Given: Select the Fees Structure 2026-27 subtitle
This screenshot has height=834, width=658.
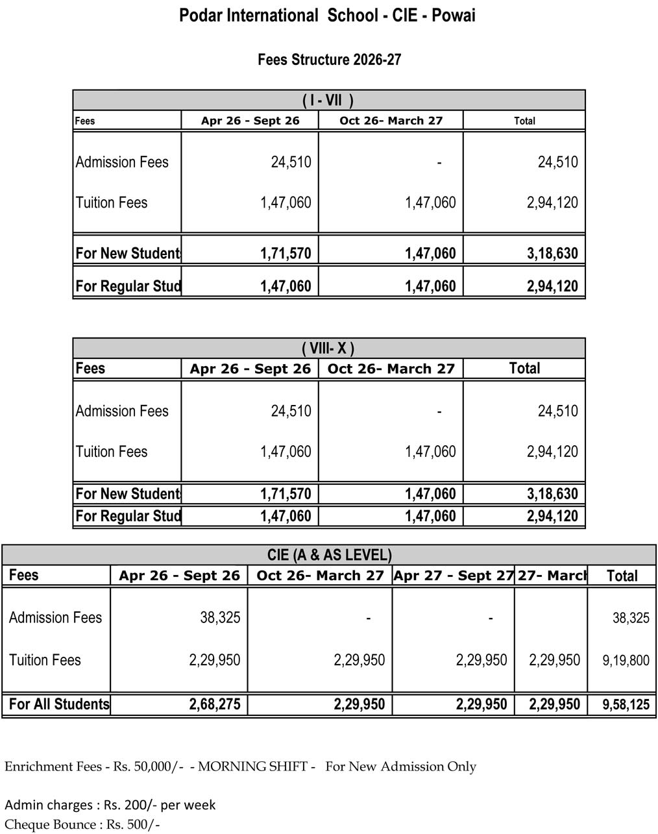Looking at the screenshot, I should [329, 60].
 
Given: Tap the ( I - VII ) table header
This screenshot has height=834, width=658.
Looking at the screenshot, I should [328, 101].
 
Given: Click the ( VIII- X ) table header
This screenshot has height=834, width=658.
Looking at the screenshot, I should [328, 349].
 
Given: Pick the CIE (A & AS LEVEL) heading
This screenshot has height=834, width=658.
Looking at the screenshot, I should [329, 556].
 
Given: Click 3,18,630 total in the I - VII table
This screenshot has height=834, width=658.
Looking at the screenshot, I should [552, 254].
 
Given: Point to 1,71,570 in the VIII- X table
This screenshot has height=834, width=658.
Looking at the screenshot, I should [286, 495].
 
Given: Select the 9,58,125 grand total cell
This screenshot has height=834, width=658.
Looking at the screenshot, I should [626, 705].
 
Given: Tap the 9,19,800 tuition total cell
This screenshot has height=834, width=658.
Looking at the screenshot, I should [626, 661].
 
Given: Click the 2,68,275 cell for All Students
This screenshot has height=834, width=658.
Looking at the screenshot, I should [215, 705].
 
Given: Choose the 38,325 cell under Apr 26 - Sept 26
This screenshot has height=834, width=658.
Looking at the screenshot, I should [220, 617].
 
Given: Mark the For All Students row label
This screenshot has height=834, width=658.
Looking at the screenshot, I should [59, 705].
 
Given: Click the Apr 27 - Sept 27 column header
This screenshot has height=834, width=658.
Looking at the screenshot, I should [453, 576].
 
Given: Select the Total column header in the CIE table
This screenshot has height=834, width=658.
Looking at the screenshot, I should [622, 576].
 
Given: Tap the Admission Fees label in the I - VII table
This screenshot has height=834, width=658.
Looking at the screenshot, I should [122, 162].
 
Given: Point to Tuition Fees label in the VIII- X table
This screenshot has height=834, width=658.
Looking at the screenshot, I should [112, 452].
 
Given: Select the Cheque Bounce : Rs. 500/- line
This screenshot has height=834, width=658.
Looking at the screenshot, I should [82, 825].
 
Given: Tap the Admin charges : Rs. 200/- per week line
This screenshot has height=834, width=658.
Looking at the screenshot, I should [110, 805].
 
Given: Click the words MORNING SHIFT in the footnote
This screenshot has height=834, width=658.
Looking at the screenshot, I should [252, 767].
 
